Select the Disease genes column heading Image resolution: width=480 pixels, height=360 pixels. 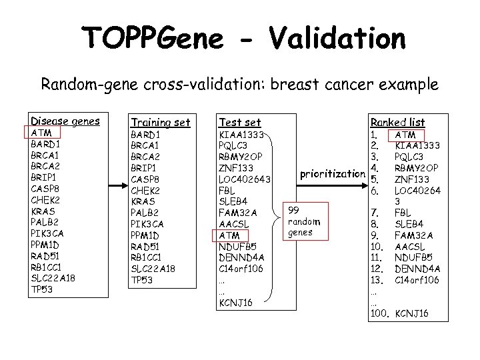[x=65, y=121]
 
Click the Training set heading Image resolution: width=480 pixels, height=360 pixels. [x=160, y=122]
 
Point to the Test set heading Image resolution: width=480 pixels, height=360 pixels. [x=239, y=122]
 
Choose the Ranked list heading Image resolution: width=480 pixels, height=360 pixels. [x=397, y=122]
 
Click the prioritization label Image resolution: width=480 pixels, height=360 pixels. [x=333, y=174]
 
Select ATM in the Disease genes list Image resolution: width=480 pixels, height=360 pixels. [x=42, y=133]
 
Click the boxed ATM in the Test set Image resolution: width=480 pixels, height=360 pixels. [x=229, y=235]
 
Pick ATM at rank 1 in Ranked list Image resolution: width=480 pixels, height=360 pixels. [x=406, y=135]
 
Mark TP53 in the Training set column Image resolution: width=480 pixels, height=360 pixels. [x=142, y=279]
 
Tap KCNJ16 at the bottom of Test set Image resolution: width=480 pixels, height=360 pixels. [x=235, y=303]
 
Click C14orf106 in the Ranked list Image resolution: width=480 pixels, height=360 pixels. [x=417, y=279]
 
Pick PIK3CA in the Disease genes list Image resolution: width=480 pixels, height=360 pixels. [x=48, y=234]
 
